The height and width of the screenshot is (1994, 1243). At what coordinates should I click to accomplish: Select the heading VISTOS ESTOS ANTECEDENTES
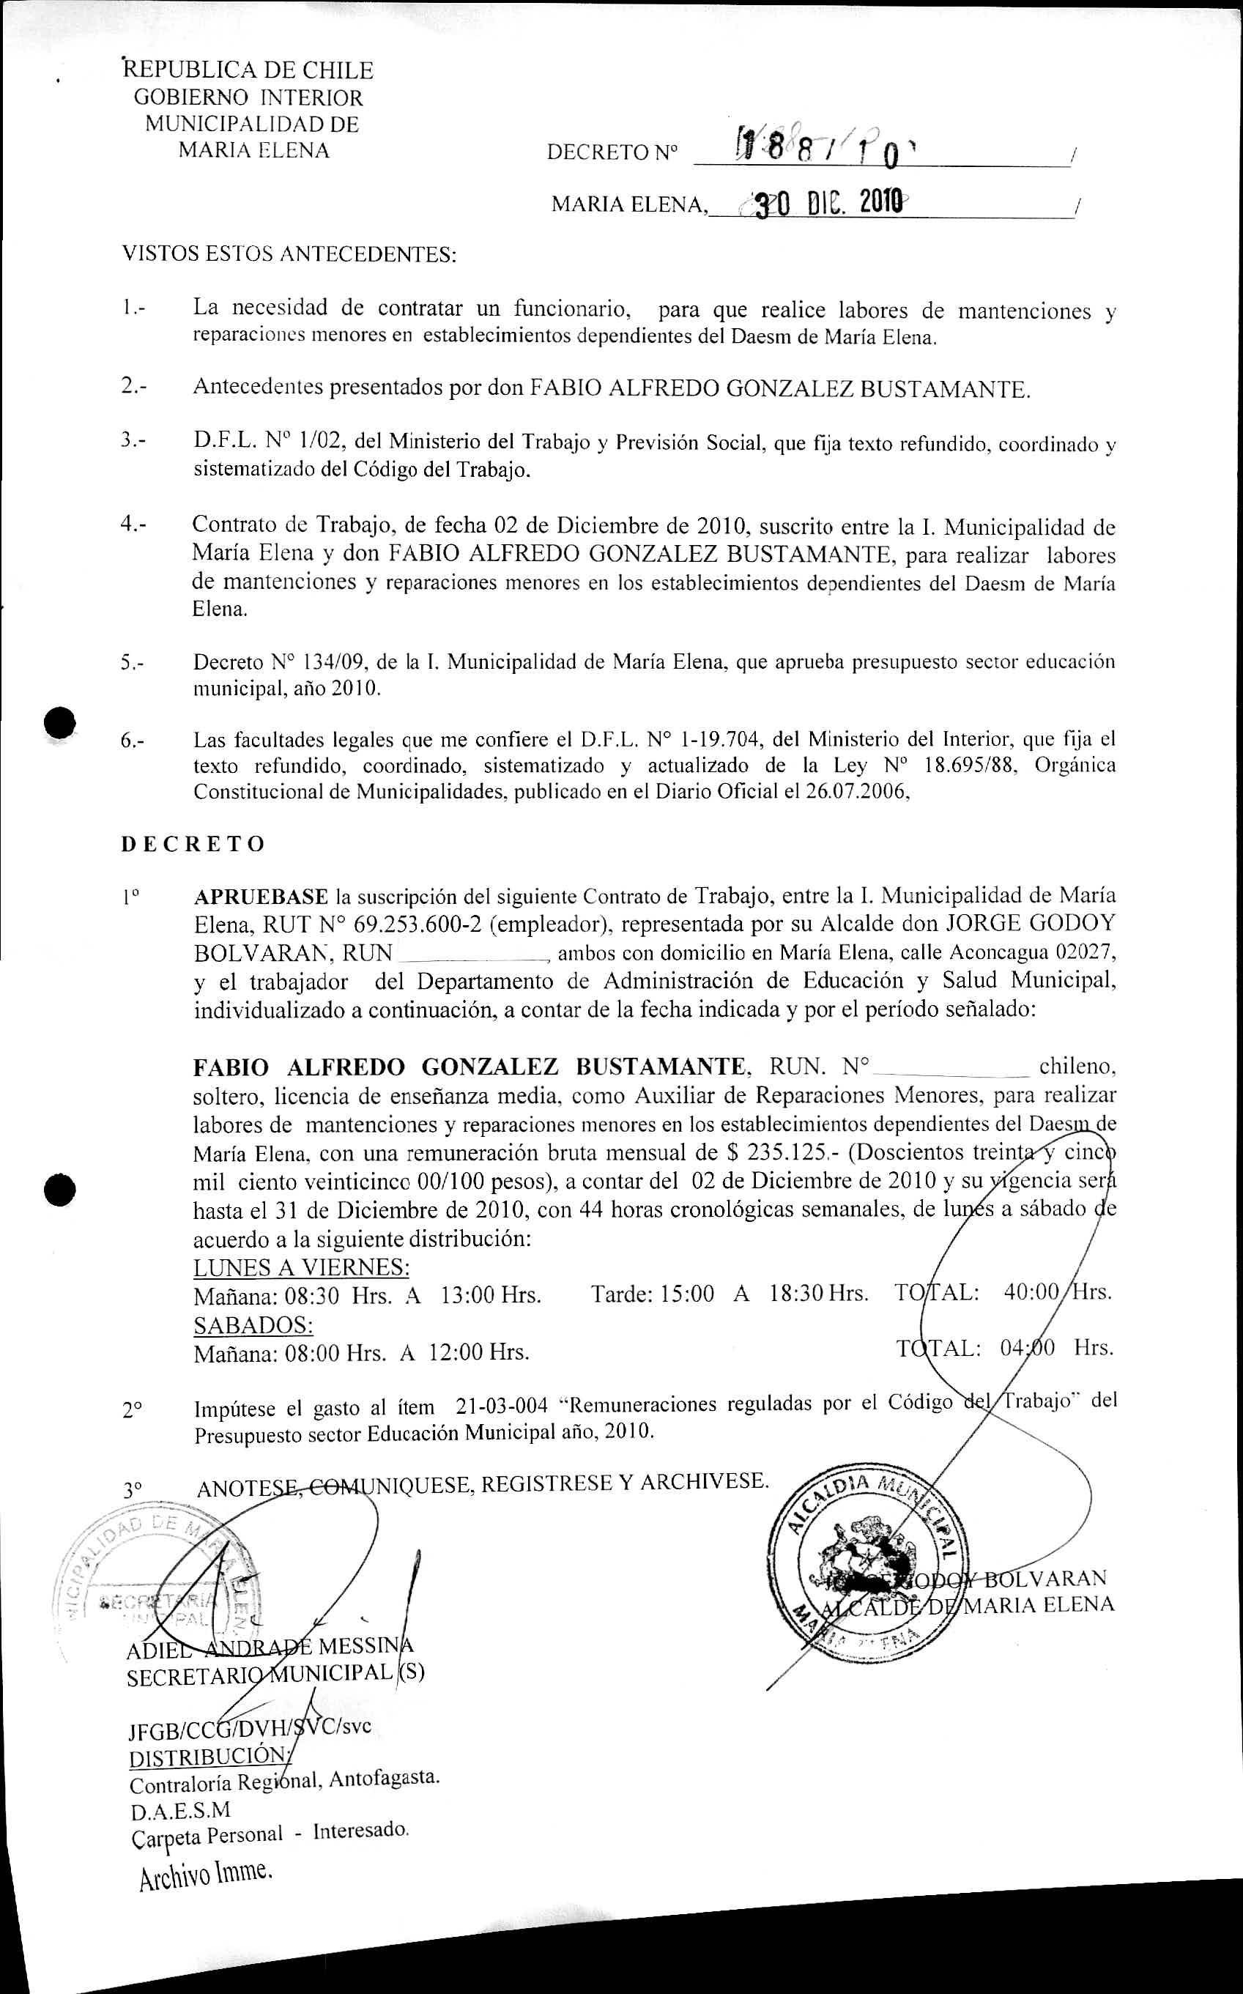[x=289, y=254]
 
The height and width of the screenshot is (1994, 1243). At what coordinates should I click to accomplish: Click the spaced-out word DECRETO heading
[x=193, y=844]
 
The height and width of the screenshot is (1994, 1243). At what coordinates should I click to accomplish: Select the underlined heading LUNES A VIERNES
[x=302, y=1267]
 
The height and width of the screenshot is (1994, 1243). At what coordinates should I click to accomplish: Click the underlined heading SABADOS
[x=253, y=1324]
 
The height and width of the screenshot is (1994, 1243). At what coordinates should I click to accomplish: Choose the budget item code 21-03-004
[x=502, y=1406]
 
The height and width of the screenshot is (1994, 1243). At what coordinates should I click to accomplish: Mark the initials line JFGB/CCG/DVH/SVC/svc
[x=249, y=1726]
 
